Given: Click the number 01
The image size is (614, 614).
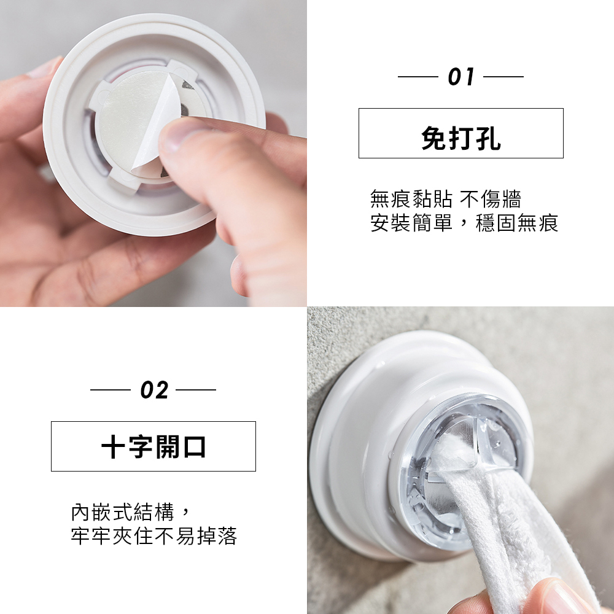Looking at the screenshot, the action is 461,77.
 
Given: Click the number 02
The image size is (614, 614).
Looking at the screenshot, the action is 154,390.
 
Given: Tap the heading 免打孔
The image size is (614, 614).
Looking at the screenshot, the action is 461,138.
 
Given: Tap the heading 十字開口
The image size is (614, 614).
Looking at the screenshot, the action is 153,447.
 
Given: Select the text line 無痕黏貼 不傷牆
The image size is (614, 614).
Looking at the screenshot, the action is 446,199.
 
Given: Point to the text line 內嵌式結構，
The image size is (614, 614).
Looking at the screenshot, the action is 131,512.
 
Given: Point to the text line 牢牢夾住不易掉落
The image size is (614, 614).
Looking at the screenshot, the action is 154,536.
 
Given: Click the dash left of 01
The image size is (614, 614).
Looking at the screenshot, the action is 418,77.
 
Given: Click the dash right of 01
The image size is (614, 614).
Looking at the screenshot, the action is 503,77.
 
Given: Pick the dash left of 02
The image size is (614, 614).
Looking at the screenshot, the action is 110,390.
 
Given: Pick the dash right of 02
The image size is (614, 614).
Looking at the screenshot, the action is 196,390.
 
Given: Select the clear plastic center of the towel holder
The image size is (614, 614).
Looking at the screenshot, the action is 458,470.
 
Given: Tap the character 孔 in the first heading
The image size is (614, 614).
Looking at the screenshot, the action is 489,138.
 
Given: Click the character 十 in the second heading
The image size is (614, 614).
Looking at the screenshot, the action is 113,447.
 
